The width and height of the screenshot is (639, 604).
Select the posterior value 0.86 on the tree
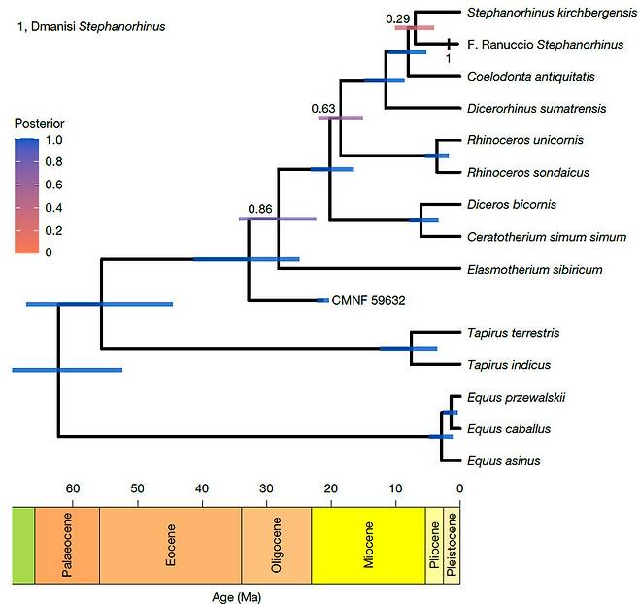pyautogui.click(x=259, y=209)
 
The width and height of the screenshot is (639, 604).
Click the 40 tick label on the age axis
pyautogui.click(x=202, y=487)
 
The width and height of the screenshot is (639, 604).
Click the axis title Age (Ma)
pyautogui.click(x=235, y=595)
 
